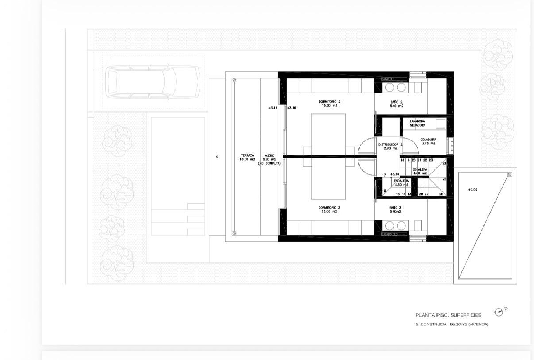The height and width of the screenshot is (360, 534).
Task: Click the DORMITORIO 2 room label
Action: point(329,104)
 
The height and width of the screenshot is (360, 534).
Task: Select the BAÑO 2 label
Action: point(396,104)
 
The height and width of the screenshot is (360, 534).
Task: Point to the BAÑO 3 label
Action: point(395,209)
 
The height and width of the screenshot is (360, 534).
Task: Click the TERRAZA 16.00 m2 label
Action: point(247,157)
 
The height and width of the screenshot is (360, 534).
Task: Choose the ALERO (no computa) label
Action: point(269,160)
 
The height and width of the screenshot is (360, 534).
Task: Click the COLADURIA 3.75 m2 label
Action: point(428,141)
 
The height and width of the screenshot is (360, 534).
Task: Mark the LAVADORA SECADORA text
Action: point(418,123)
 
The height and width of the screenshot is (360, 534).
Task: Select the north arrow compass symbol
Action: point(499,312)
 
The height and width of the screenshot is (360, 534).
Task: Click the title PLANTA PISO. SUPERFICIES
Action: point(448,315)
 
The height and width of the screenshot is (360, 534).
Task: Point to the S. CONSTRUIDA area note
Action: point(452,324)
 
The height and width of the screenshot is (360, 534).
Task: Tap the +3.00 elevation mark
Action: point(473,189)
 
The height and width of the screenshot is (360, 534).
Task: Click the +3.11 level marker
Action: point(273,108)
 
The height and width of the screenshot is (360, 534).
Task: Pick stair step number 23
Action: point(431,160)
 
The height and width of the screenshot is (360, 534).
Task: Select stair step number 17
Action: point(384,175)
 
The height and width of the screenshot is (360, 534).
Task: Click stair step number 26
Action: point(441,194)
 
